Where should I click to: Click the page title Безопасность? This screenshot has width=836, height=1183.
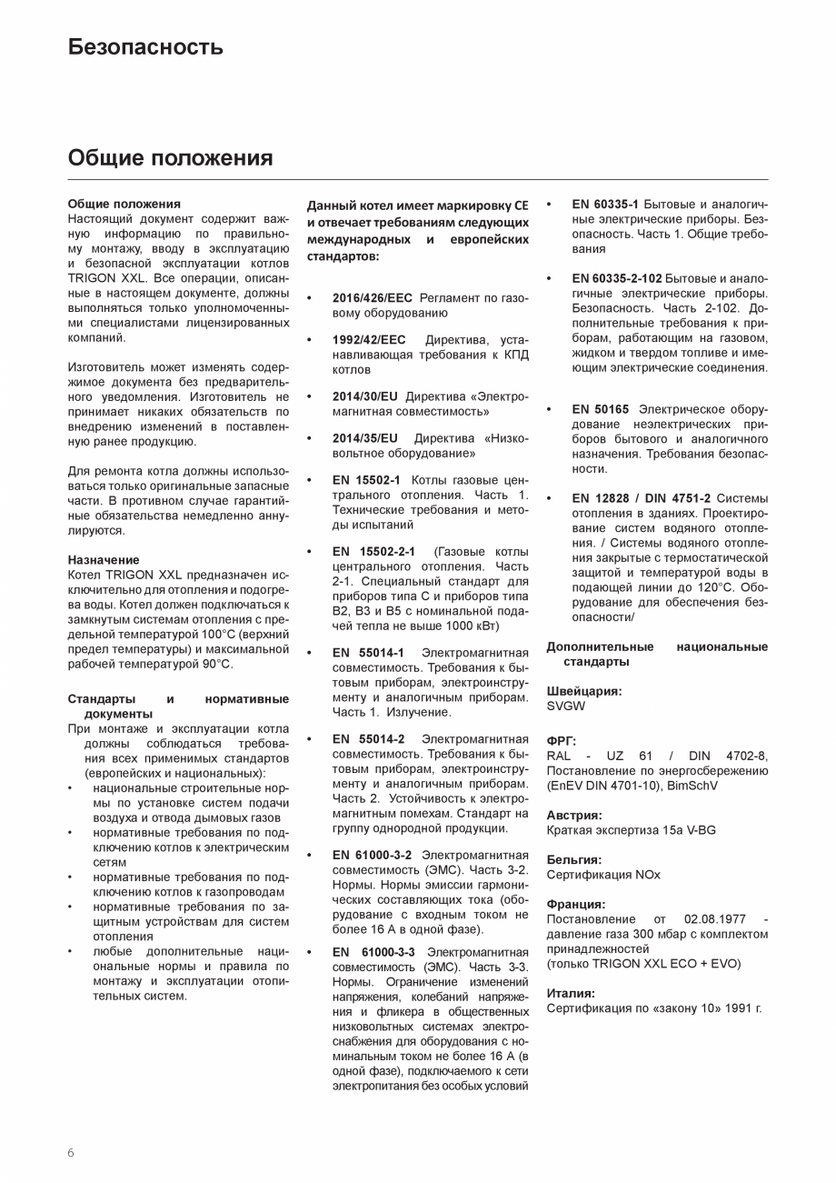(x=145, y=47)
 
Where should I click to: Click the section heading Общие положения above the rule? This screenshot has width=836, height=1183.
(x=170, y=158)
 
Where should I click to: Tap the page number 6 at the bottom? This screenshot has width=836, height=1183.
(x=71, y=1153)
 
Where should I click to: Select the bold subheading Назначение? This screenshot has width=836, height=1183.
(x=104, y=560)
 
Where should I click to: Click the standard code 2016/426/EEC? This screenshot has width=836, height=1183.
(x=372, y=298)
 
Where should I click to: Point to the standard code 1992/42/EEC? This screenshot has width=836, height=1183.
(x=369, y=340)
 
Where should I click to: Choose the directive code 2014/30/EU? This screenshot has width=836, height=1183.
(x=364, y=396)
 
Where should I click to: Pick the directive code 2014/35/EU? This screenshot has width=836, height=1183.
(x=364, y=438)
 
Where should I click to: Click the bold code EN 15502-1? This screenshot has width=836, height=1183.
(x=366, y=480)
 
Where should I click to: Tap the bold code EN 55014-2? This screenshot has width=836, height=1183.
(x=368, y=739)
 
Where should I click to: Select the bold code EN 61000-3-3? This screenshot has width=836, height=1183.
(x=373, y=952)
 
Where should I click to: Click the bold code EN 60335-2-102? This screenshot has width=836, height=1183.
(x=616, y=278)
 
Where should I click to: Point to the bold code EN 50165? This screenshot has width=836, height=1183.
(x=600, y=409)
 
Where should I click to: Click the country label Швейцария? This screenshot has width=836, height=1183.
(x=584, y=691)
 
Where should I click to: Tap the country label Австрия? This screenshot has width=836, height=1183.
(x=574, y=816)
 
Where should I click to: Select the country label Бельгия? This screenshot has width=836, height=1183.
(x=574, y=859)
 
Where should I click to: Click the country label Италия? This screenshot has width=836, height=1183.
(x=571, y=994)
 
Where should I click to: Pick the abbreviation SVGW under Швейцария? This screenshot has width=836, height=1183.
(x=566, y=706)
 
